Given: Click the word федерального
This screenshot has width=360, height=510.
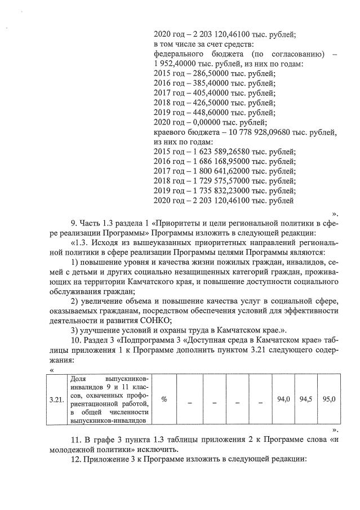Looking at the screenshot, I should point(179,54).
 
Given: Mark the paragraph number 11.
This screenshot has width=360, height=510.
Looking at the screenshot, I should point(74,440).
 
